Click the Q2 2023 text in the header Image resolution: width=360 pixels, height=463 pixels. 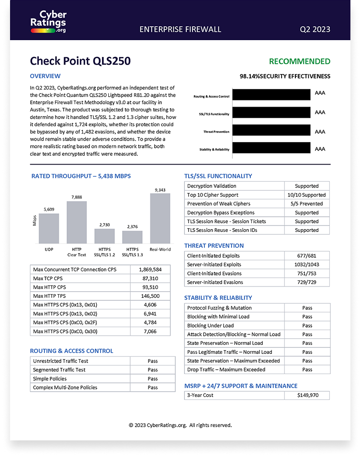(315, 29)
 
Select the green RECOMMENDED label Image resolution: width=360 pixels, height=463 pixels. (299, 61)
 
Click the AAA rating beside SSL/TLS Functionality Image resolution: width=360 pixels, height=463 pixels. (320, 112)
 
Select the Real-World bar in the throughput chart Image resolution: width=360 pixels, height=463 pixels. (160, 218)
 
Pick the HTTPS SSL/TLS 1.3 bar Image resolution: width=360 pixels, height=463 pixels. (132, 237)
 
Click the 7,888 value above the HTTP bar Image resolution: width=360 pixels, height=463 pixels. (77, 197)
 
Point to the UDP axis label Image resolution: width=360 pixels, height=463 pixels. (49, 249)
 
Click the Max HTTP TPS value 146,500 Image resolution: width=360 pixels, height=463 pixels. (150, 296)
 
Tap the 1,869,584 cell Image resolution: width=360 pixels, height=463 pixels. (150, 270)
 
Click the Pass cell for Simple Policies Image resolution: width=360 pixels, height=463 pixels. (153, 379)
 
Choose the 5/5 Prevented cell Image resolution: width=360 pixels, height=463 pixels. (306, 204)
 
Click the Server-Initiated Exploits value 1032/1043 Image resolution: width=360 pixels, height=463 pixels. (306, 265)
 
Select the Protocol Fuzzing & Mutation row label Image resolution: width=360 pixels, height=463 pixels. (219, 308)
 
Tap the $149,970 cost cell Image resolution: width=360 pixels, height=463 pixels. (306, 396)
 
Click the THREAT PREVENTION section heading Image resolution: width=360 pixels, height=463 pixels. (214, 245)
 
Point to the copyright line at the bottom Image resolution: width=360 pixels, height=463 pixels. (180, 425)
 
